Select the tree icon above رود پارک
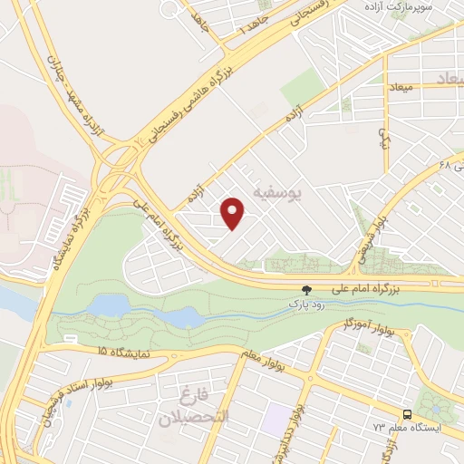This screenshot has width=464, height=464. tap(306, 291)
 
